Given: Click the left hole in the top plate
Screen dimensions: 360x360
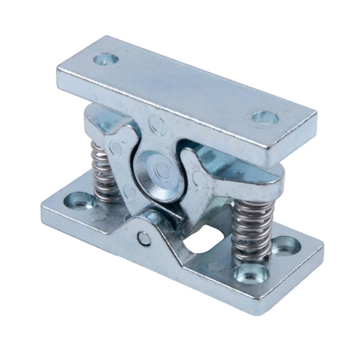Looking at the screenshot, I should tap(106, 58).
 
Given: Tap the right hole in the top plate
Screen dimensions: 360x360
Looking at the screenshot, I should tap(265, 118).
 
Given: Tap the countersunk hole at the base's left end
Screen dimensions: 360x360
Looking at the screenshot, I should tap(79, 200).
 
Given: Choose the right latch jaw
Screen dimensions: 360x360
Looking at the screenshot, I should tap(211, 175).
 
